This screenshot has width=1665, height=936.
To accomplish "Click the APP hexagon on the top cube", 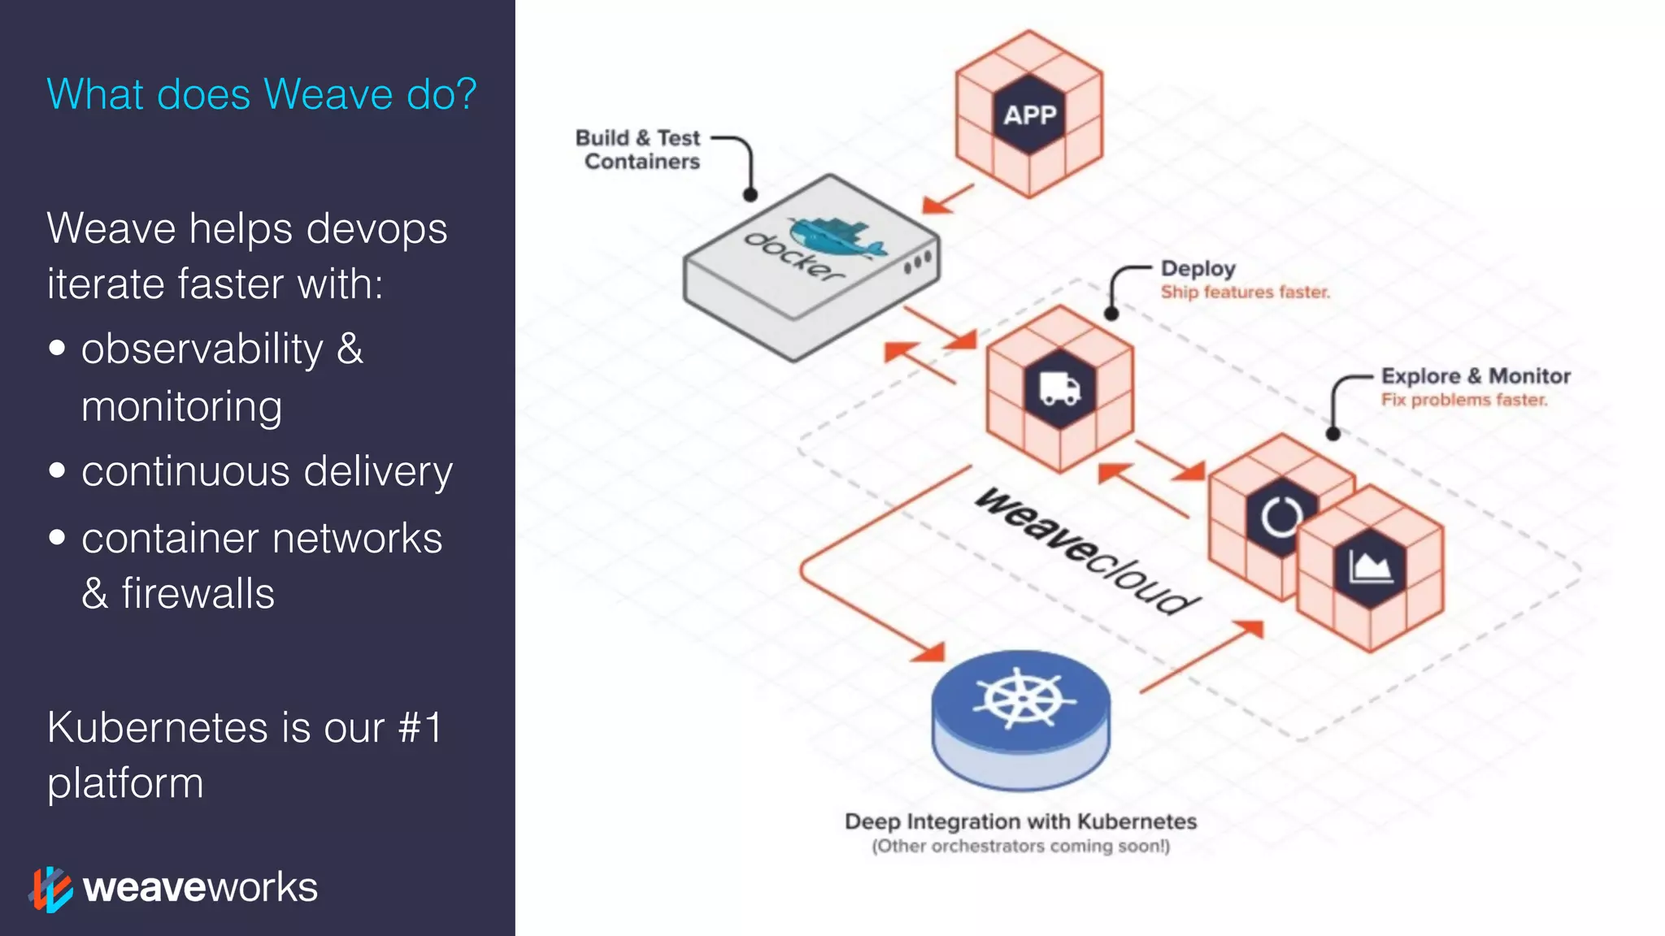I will (1029, 115).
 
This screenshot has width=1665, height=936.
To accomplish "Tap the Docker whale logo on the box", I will (837, 236).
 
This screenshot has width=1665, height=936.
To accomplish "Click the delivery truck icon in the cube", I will (1060, 389).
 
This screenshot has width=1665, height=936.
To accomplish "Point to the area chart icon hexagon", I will (1371, 567).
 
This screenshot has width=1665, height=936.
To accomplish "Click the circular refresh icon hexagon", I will (1280, 516).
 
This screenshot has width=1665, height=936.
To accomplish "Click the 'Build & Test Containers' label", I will (639, 149).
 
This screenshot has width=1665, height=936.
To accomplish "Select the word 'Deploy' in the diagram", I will (1198, 268).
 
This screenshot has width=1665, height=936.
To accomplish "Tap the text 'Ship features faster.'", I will (1245, 292).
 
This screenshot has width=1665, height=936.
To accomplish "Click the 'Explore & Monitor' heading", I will (1476, 376).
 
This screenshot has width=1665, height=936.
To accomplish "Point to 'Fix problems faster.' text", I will (1463, 400).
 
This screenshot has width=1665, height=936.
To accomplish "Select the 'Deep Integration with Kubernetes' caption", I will (1020, 821).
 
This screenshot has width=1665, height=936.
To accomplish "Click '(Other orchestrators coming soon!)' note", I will (1020, 846).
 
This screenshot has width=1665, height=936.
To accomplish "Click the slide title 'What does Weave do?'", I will (261, 94).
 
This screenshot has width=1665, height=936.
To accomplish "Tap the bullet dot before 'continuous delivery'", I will (57, 470).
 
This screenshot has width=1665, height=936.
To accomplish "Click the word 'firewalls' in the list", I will (198, 593).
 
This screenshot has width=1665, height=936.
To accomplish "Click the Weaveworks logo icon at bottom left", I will (50, 889).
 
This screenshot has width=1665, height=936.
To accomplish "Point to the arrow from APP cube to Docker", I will (948, 198).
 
